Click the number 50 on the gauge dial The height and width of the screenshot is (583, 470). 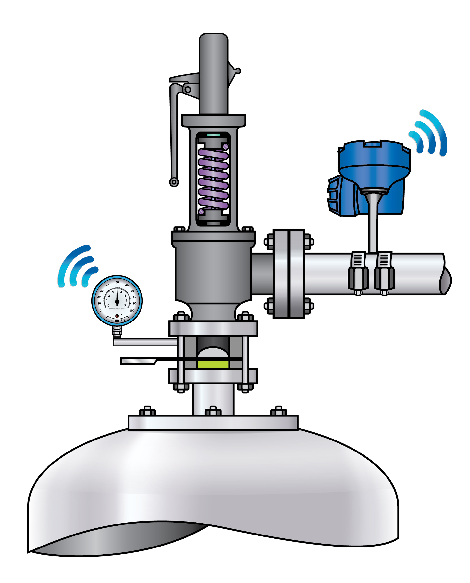tap(117, 282)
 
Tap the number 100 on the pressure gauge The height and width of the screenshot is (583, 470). tap(132, 310)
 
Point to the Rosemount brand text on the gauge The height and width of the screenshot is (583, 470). tap(117, 309)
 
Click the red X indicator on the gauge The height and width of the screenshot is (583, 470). tap(117, 316)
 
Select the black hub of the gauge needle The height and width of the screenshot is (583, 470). tap(117, 301)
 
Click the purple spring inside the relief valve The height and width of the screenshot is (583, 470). tap(213, 179)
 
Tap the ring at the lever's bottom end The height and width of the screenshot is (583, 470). tap(174, 182)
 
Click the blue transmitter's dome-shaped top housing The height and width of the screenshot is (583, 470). tap(374, 154)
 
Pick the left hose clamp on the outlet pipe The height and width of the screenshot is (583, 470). tap(358, 274)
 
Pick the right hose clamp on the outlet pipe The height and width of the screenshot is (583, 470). tap(384, 274)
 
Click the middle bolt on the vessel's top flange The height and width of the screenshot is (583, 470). tap(213, 411)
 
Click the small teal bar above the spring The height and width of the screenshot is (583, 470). tap(213, 135)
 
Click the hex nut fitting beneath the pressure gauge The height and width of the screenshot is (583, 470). tap(117, 333)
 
